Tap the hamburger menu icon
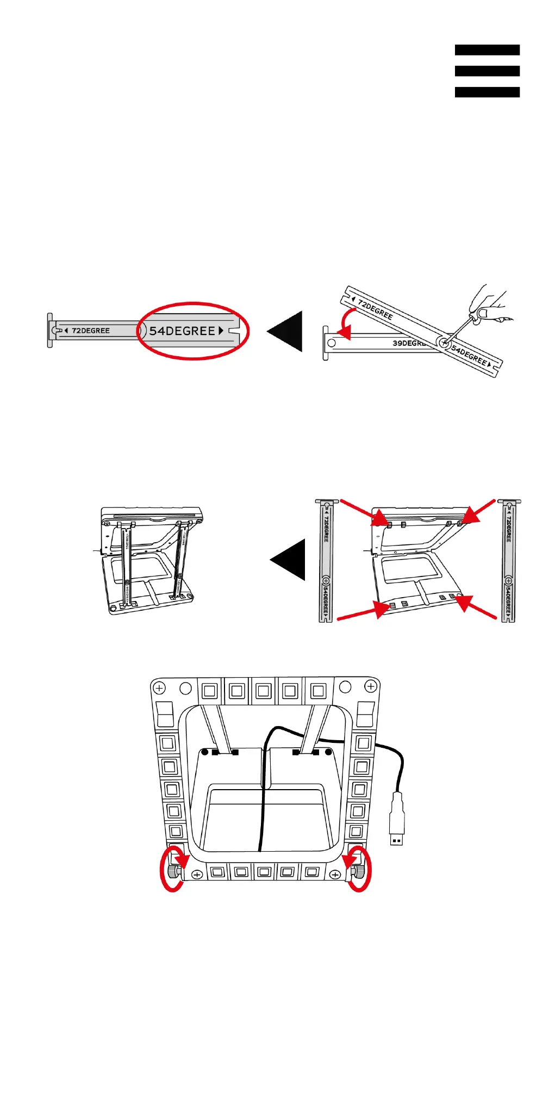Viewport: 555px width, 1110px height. pyautogui.click(x=487, y=71)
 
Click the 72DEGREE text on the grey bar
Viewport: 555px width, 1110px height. pyautogui.click(x=90, y=331)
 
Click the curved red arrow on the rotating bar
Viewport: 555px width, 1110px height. pyautogui.click(x=345, y=321)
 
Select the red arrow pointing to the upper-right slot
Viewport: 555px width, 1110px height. pyautogui.click(x=479, y=511)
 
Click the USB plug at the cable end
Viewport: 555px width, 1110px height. pyautogui.click(x=397, y=821)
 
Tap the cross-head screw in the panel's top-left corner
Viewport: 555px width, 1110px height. pyautogui.click(x=159, y=689)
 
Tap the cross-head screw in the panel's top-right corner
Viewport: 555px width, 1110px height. pyautogui.click(x=371, y=687)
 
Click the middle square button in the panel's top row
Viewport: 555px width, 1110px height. pyautogui.click(x=263, y=691)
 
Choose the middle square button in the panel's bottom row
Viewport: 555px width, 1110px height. pyautogui.click(x=264, y=872)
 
